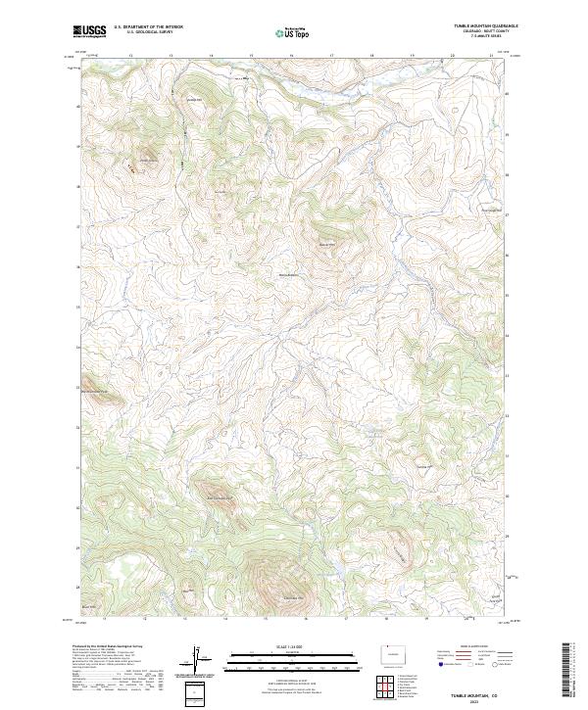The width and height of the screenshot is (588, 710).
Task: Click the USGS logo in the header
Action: click(89, 31)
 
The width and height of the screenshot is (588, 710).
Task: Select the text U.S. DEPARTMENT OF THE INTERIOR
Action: click(148, 27)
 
